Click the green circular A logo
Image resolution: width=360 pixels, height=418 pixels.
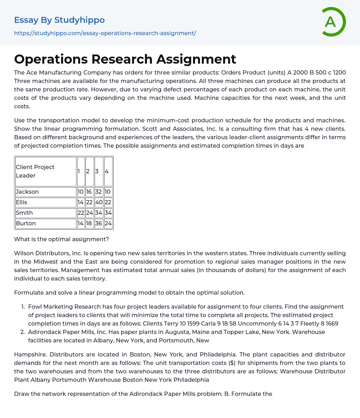[x=333, y=22]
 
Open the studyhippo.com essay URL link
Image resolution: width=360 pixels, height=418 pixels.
[x=105, y=33]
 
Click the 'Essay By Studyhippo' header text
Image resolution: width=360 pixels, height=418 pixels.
[x=59, y=20]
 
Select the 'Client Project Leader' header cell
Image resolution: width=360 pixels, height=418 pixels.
[x=45, y=171]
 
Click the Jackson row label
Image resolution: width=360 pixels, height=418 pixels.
[x=27, y=192]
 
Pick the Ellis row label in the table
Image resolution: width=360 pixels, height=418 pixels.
[x=21, y=202]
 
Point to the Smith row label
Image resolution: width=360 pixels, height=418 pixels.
[x=24, y=213]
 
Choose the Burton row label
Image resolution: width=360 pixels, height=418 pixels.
[x=26, y=223]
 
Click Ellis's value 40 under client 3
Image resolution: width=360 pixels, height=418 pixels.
[x=99, y=202]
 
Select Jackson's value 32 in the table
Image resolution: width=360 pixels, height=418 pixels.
[x=99, y=192]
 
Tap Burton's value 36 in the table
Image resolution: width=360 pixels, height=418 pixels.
[x=99, y=223]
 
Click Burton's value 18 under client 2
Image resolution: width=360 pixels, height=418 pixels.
[x=89, y=223]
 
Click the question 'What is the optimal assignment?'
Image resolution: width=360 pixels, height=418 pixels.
[x=62, y=239]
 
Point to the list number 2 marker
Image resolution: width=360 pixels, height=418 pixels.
[x=22, y=332]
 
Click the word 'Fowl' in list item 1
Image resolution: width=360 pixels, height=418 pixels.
[x=35, y=307]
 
